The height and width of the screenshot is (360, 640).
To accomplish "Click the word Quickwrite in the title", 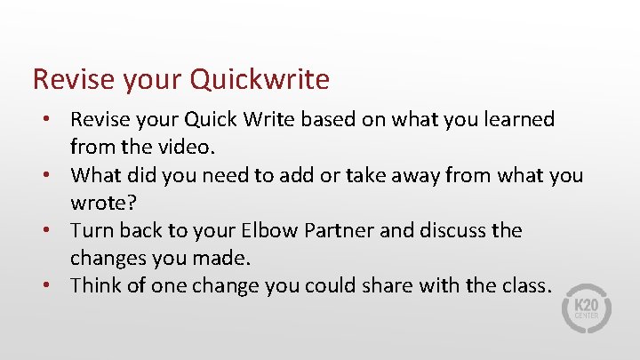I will tap(260, 80).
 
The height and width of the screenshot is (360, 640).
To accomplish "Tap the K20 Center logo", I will tap(583, 308).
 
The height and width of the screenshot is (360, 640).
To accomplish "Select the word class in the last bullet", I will tap(524, 285).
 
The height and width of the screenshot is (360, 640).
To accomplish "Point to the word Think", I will tap(95, 285).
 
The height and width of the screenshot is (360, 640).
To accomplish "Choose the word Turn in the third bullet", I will tap(92, 230).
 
